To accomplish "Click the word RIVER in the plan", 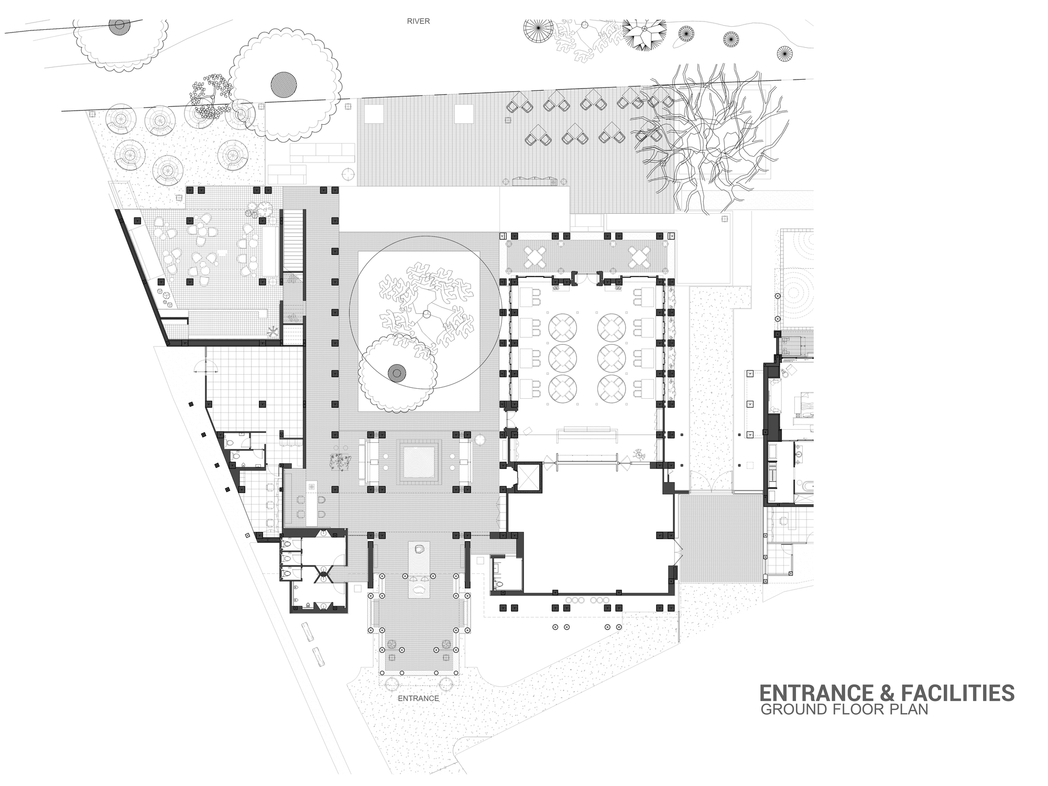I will click(x=418, y=21).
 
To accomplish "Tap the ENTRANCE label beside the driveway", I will click(x=418, y=698).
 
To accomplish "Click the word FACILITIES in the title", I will click(x=957, y=693).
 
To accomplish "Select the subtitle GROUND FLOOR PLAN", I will click(x=844, y=710).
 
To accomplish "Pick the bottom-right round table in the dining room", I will click(x=612, y=389).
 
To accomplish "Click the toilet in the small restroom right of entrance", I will click(x=499, y=583).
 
